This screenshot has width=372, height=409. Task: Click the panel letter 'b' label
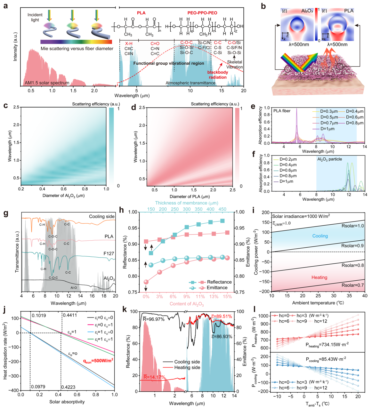[263, 6]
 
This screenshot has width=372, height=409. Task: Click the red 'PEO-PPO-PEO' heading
[202, 13]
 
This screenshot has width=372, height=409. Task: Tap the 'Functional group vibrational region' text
[168, 63]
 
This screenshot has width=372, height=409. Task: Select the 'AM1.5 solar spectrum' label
[47, 83]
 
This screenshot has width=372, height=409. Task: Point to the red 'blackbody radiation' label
[218, 75]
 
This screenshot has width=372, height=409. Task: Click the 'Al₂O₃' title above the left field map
[307, 11]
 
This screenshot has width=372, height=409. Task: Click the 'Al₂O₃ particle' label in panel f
[329, 159]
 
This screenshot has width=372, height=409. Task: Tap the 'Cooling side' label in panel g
[101, 217]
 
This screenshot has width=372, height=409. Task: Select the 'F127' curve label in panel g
[109, 253]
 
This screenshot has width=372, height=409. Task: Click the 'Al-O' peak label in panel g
[74, 288]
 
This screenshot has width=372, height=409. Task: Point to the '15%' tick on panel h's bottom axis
[227, 297]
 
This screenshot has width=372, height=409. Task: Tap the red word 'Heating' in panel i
[319, 277]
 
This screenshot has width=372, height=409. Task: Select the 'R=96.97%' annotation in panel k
[154, 319]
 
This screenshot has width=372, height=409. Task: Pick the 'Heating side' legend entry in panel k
[187, 367]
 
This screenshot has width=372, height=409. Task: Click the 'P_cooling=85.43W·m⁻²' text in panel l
[326, 360]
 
